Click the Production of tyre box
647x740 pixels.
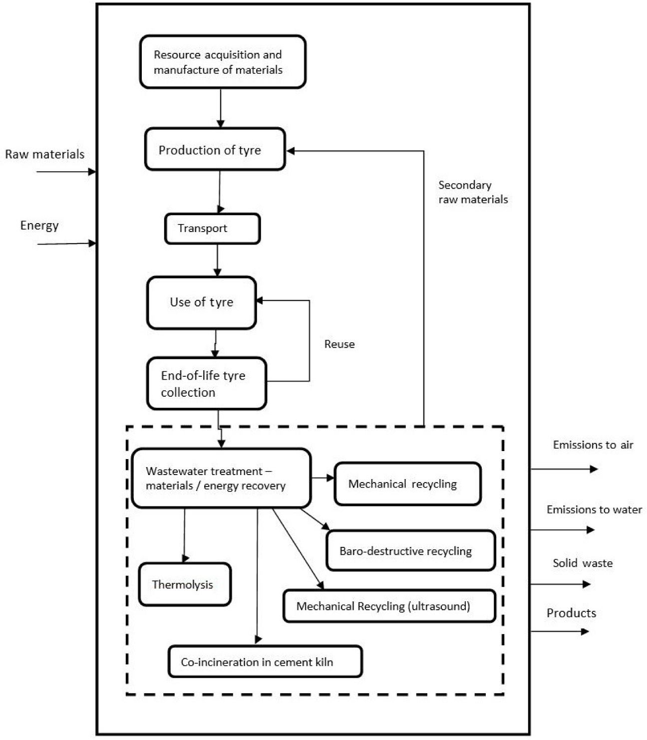tap(215, 149)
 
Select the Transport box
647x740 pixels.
tap(212, 229)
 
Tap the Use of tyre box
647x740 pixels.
tap(202, 303)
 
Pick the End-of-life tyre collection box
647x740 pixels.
tap(207, 383)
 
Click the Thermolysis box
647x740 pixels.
tap(185, 584)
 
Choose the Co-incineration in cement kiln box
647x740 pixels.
tap(265, 662)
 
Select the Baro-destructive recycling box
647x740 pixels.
tap(411, 550)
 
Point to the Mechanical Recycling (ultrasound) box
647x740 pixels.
tap(389, 606)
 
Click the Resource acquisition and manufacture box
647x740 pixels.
tap(223, 61)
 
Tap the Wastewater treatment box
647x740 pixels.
tap(221, 478)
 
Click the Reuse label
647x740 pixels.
tap(339, 344)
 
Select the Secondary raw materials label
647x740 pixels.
tap(473, 192)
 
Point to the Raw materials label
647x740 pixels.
tap(44, 155)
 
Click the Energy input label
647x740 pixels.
tap(39, 226)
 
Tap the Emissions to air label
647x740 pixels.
tap(593, 445)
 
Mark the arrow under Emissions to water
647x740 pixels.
tap(562, 530)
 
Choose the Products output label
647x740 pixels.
tap(572, 613)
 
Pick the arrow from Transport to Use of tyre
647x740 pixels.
tap(217, 260)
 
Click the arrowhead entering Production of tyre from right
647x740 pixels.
tap(291, 151)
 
